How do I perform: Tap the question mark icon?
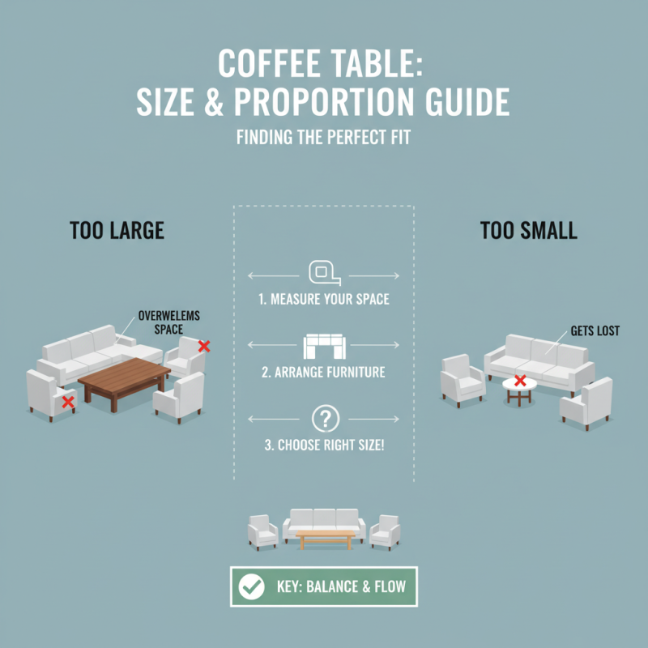tap(324, 419)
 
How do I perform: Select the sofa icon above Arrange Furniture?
tap(324, 347)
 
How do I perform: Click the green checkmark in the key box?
tap(252, 586)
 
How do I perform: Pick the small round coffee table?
tap(519, 388)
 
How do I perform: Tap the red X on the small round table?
tap(520, 380)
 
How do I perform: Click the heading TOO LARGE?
tap(117, 230)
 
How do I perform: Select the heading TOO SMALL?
tap(528, 230)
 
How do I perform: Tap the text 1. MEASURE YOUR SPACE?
tap(324, 300)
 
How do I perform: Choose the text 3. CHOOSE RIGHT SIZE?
tap(324, 446)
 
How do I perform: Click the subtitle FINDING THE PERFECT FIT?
tap(324, 138)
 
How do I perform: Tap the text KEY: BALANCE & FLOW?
tap(340, 586)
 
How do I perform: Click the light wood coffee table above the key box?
tap(325, 538)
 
